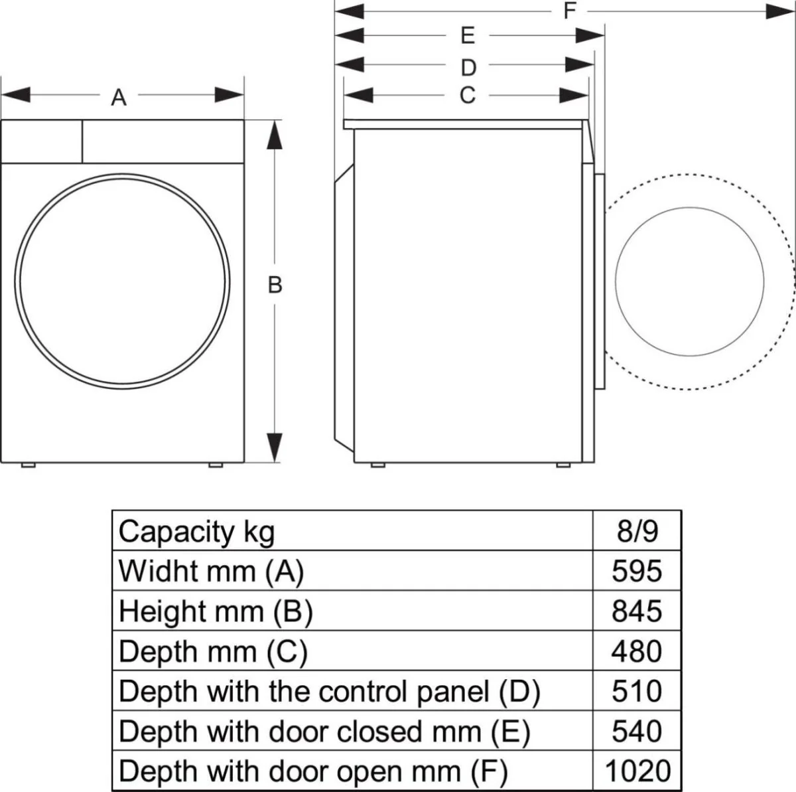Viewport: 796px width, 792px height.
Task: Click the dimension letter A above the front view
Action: pyautogui.click(x=118, y=98)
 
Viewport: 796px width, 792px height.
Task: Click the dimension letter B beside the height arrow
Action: pyautogui.click(x=275, y=285)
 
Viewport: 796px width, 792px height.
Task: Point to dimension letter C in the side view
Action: pyautogui.click(x=468, y=96)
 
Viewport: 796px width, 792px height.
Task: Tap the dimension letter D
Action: pyautogui.click(x=468, y=67)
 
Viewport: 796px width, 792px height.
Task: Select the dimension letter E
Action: pyautogui.click(x=468, y=36)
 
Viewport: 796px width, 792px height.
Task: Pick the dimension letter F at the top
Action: pyautogui.click(x=569, y=11)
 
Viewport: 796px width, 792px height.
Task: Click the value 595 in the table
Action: pyautogui.click(x=636, y=571)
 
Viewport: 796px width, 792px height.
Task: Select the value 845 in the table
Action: pyautogui.click(x=636, y=611)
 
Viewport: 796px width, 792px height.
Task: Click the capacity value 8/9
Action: pyautogui.click(x=636, y=531)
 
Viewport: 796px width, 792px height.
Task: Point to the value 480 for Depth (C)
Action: pyautogui.click(x=636, y=651)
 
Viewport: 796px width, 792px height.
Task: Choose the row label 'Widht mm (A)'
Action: pyautogui.click(x=211, y=571)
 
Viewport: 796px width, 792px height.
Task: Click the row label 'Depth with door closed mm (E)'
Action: pyautogui.click(x=324, y=731)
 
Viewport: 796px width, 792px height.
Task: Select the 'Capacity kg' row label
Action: pyautogui.click(x=196, y=531)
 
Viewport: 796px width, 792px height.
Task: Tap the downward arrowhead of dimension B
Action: pyautogui.click(x=275, y=446)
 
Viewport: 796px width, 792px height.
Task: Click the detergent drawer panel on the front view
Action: pyautogui.click(x=42, y=141)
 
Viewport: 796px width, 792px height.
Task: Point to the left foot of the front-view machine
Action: pyautogui.click(x=28, y=465)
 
